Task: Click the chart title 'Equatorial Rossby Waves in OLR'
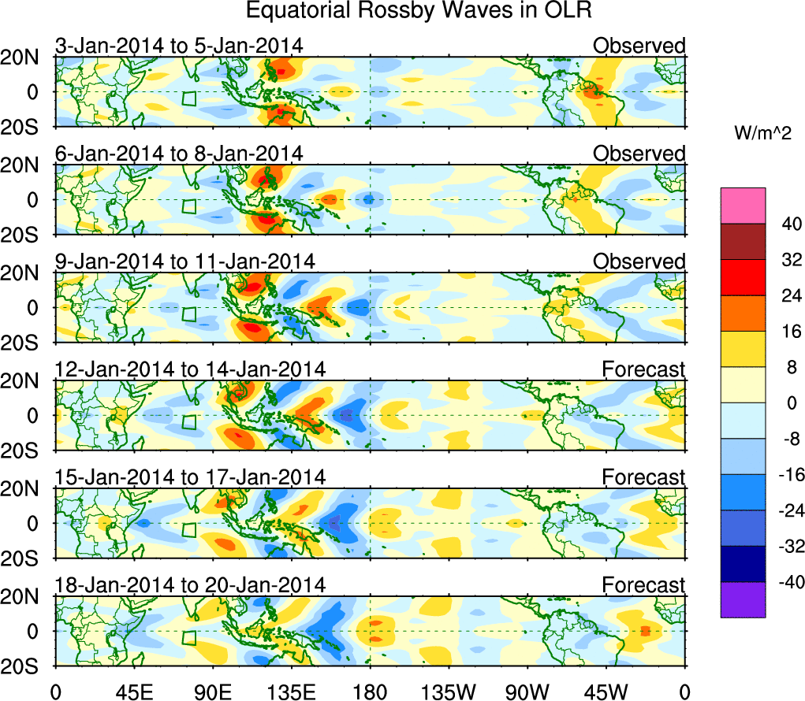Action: coord(419,11)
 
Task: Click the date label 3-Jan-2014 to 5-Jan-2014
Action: coord(179,46)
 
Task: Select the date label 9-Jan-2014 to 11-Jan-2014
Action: coord(185,261)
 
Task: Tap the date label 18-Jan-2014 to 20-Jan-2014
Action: coord(190,584)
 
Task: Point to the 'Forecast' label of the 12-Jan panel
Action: coord(643,369)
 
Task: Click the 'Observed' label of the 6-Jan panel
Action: coord(639,154)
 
